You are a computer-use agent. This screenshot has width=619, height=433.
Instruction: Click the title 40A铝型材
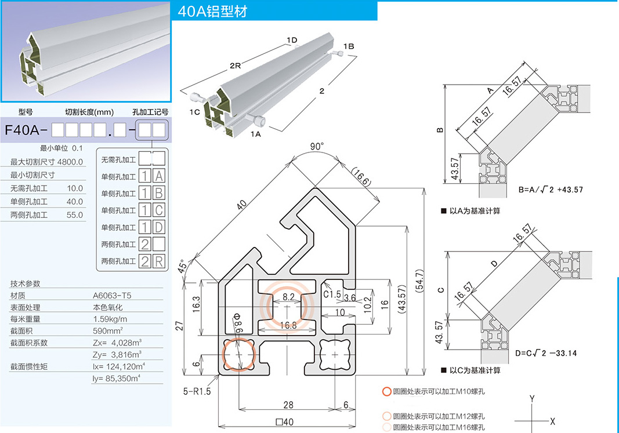[x=213, y=11]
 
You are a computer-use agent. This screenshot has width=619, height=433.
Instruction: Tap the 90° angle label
[x=316, y=147]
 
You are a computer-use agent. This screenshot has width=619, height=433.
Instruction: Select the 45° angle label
[x=184, y=266]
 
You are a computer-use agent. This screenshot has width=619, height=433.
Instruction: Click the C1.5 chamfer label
[x=332, y=294]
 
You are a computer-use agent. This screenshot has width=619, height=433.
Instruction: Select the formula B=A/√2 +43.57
[x=551, y=190]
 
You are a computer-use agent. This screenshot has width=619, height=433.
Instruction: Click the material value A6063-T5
[x=112, y=295]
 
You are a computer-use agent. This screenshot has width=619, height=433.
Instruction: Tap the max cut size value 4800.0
[x=70, y=162]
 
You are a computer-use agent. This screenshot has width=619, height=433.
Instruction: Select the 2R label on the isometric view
[x=235, y=66]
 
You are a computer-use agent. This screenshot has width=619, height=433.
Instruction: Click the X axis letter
[x=552, y=421]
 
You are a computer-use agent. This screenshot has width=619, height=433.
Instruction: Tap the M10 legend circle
[x=386, y=391]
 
